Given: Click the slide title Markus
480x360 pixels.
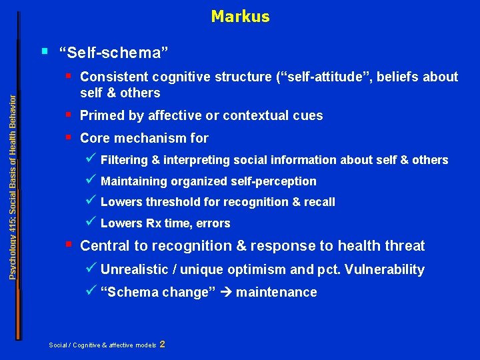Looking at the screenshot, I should click(x=240, y=17).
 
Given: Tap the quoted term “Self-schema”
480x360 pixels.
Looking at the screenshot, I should click(x=113, y=52).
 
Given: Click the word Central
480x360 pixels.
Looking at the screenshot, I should click(x=105, y=246).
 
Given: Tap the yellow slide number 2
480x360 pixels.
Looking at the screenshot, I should click(x=163, y=344).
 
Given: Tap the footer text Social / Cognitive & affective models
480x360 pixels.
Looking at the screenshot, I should click(x=103, y=345).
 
